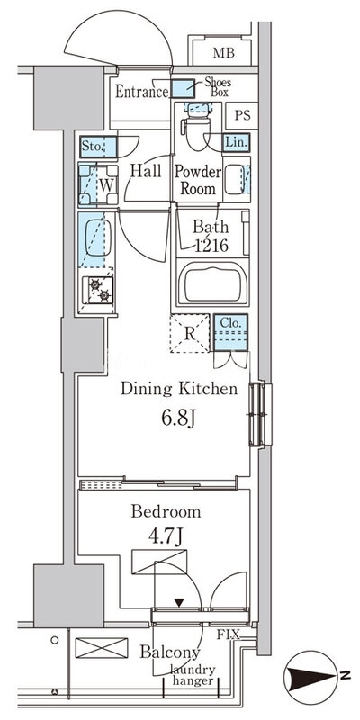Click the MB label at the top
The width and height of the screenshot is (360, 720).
[223, 53]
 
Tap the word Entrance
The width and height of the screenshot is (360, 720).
[142, 92]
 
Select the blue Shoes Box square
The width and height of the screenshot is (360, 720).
[184, 88]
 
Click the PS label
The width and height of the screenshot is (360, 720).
[242, 115]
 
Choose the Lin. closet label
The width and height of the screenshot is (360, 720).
[236, 142]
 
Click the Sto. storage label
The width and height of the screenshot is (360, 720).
[92, 148]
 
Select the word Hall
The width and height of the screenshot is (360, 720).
[146, 171]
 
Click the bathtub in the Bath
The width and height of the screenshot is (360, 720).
[213, 283]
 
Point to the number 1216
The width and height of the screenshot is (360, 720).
[211, 246]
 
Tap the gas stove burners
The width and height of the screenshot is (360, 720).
[98, 290]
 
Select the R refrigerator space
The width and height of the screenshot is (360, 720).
[190, 333]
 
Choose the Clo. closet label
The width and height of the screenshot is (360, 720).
[230, 323]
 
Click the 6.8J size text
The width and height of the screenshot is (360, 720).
[178, 418]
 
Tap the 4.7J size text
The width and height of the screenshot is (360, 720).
[166, 536]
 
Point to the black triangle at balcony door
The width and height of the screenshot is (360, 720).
[179, 602]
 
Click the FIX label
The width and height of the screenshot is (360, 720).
[229, 635]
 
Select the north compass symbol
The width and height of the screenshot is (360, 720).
[311, 678]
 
